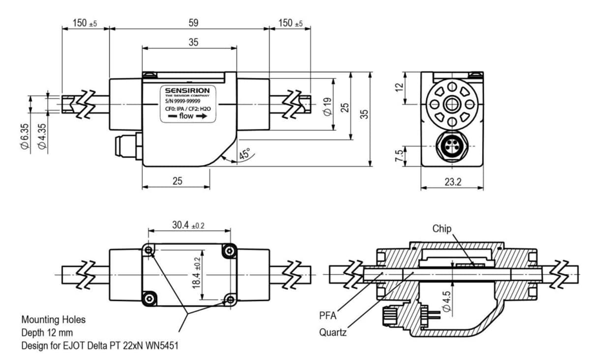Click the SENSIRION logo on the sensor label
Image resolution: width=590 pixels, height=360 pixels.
point(187,91)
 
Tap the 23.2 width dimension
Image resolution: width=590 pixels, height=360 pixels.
point(452,181)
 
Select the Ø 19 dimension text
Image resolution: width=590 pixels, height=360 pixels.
point(328,106)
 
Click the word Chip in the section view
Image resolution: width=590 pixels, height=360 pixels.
point(442,229)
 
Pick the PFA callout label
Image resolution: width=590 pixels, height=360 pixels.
point(328,315)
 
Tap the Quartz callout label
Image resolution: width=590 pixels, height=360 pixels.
point(333,332)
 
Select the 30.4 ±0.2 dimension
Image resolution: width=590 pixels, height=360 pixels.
point(188,225)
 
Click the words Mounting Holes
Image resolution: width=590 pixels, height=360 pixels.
point(53,320)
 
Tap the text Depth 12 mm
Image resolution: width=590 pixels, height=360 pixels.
point(47,332)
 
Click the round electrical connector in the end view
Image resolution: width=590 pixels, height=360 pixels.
point(451,147)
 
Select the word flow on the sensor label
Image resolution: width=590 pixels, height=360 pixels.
point(186,117)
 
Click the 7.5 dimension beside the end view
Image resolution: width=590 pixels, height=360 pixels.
point(399,156)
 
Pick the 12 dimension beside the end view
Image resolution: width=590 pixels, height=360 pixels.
point(399,87)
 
